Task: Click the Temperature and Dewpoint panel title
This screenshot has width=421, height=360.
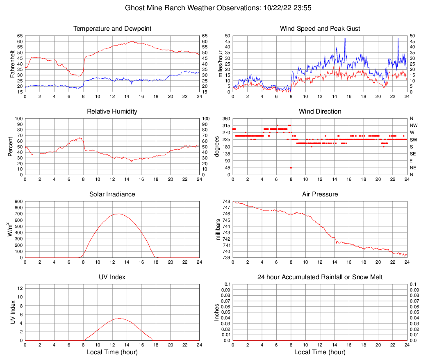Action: coord(112,29)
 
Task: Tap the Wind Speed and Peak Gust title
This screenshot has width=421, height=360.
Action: coord(320,29)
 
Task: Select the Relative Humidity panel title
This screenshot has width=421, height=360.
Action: coord(112,112)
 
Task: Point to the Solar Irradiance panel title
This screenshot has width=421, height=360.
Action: coord(112,194)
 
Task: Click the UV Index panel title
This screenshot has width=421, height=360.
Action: coord(112,277)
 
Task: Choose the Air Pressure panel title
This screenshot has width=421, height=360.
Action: coord(320,194)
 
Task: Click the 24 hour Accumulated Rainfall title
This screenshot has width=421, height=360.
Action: coord(320,277)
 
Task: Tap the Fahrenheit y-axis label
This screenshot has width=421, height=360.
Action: coord(13,64)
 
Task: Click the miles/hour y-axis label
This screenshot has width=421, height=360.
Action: coord(221,64)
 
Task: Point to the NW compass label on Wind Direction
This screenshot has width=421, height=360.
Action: coord(414,126)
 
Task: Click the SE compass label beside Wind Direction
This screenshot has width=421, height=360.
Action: coord(413,154)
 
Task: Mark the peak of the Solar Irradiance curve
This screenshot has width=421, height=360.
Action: coord(118,214)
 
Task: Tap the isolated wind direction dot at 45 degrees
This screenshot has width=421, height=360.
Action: coord(291,168)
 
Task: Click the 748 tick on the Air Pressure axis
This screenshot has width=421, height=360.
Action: coord(227,201)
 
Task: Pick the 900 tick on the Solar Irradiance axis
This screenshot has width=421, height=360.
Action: coord(19,201)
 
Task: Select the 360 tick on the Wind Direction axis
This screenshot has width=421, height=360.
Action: coord(226,118)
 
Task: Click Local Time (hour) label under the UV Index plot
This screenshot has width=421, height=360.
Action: coord(112,352)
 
